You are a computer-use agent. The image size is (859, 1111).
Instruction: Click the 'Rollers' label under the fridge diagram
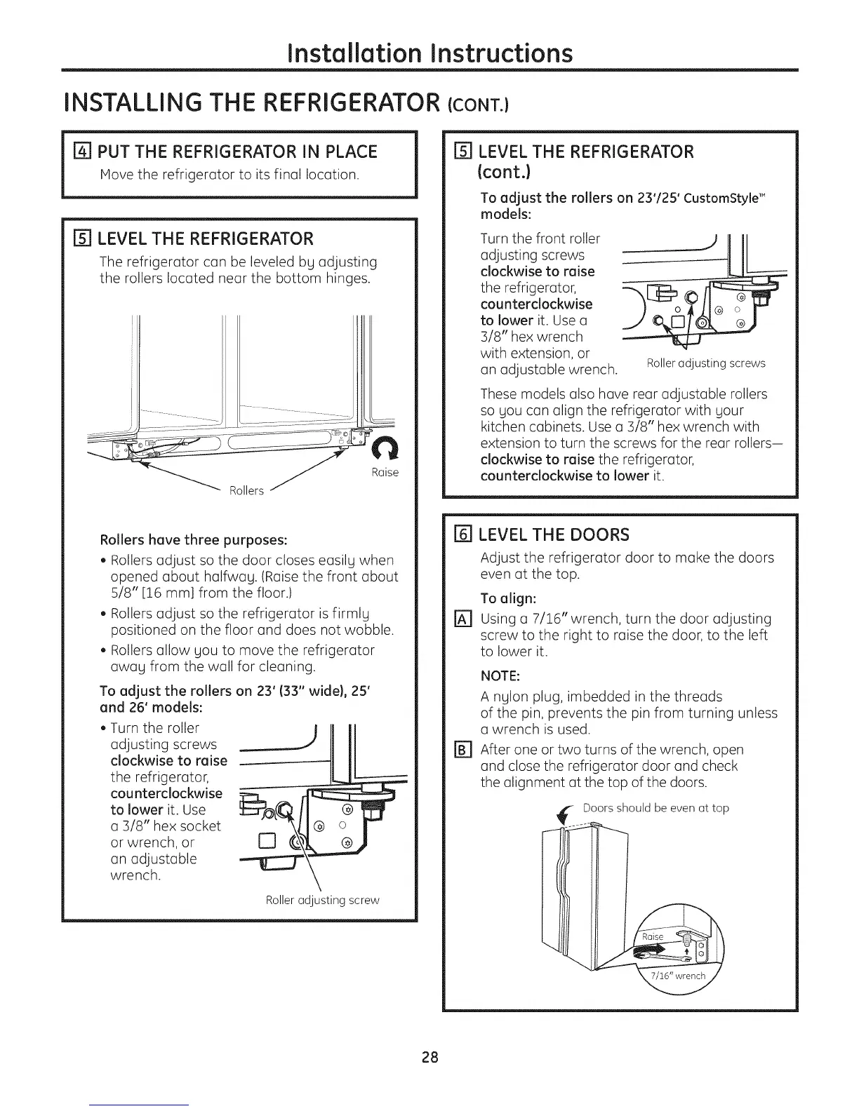point(246,490)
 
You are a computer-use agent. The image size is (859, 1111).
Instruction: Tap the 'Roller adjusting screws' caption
point(705,363)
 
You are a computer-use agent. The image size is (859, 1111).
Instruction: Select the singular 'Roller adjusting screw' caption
point(322,900)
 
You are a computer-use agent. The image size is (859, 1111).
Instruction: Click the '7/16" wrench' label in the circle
point(677,976)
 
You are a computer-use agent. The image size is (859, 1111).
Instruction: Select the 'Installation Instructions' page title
point(430,53)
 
